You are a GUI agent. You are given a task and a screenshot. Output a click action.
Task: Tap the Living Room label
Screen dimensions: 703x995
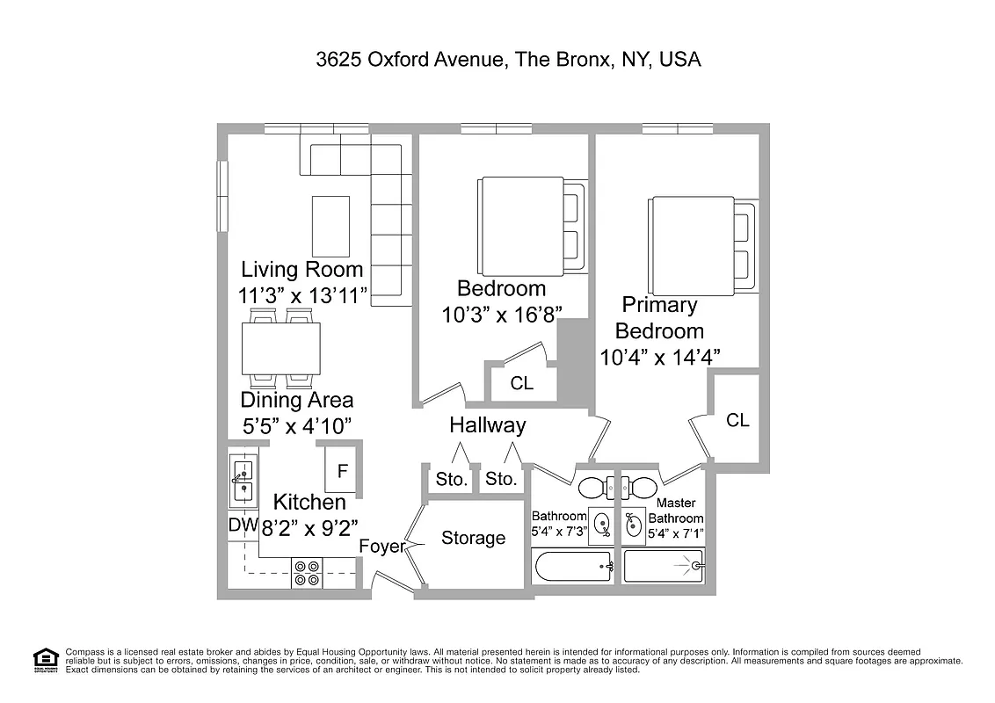point(301,269)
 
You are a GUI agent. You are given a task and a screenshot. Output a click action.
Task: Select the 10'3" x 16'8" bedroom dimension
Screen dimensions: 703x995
point(501,315)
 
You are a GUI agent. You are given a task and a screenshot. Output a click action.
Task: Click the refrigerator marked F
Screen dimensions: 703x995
point(343,470)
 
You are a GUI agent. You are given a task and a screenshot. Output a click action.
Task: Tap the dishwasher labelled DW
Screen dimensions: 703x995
point(237,525)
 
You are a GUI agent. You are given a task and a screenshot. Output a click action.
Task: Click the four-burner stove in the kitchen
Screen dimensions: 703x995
point(307,573)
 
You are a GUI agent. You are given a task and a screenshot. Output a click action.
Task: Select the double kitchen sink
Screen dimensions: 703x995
point(242,482)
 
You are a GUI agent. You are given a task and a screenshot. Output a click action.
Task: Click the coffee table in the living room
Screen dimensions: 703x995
point(330,225)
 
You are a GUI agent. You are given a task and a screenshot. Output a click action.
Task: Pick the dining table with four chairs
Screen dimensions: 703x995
point(280,349)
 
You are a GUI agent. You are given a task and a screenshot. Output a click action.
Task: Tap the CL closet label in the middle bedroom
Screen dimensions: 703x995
point(521,383)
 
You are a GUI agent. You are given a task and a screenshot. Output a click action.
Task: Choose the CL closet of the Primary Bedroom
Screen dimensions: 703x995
point(737,420)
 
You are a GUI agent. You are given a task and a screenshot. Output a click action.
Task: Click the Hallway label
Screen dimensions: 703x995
point(487,425)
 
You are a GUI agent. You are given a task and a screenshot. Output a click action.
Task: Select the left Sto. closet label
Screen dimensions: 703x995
point(450,480)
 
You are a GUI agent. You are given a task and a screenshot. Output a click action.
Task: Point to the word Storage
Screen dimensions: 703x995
point(473,538)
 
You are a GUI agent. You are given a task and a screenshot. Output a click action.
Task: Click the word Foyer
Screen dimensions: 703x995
point(381,547)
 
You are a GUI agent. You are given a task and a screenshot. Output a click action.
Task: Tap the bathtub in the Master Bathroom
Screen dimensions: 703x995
point(664,566)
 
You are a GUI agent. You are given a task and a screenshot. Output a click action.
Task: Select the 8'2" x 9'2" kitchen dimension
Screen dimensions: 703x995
point(309,528)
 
